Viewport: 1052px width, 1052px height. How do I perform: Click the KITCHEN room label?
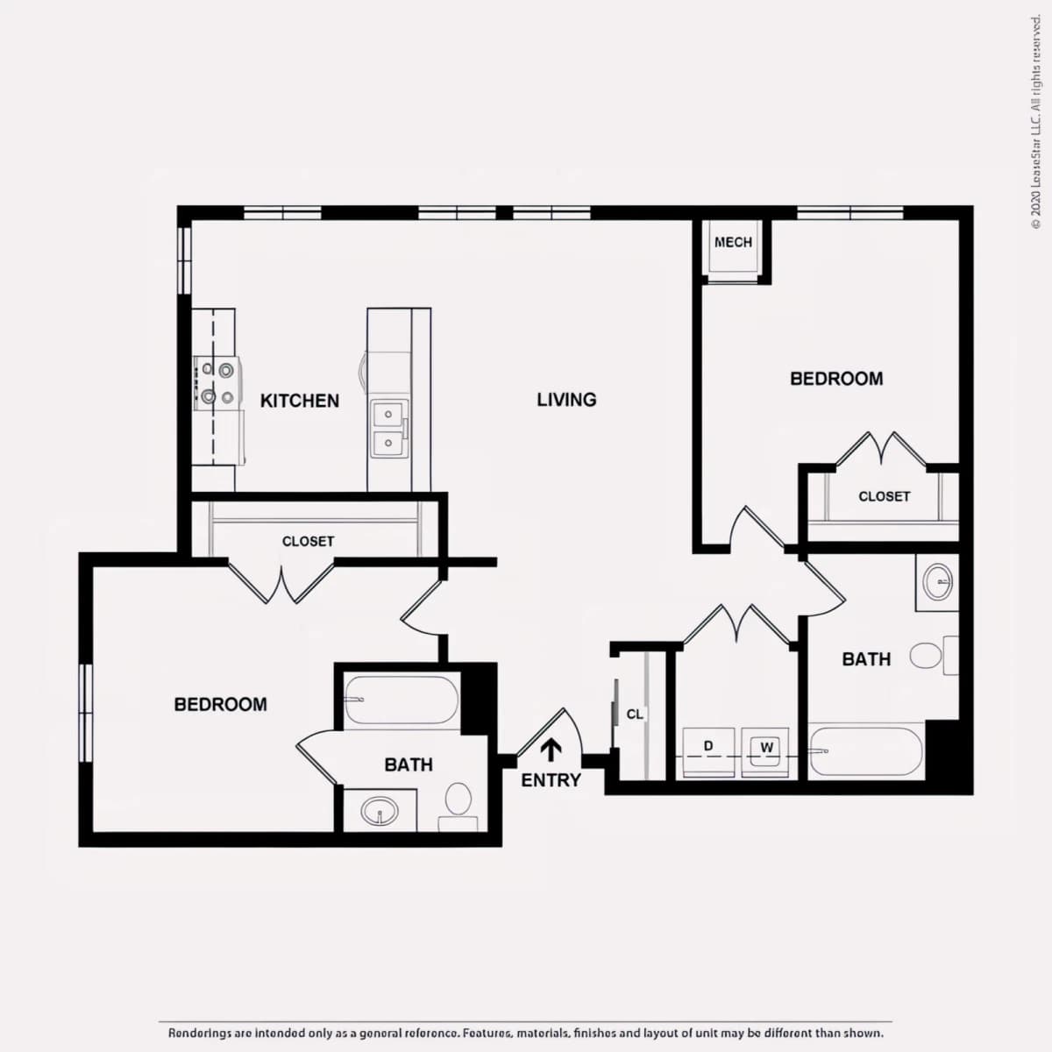(300, 401)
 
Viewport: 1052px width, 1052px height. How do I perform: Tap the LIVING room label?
(566, 400)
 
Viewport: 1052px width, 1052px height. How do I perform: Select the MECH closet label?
(733, 242)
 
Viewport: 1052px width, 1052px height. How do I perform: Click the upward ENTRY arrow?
(551, 750)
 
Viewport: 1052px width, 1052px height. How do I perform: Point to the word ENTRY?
(551, 781)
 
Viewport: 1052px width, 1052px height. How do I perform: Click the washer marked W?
(764, 752)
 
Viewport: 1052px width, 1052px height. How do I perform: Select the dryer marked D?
(708, 752)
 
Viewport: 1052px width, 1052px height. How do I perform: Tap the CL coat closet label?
(635, 714)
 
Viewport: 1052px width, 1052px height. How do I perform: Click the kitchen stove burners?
(217, 383)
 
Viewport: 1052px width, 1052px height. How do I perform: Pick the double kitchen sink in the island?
(389, 429)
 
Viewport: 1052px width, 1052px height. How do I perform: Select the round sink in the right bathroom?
(938, 582)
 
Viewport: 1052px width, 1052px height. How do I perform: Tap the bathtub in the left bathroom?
(402, 700)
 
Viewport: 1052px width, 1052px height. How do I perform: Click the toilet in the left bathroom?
(458, 807)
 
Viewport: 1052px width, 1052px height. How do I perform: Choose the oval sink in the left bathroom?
(380, 810)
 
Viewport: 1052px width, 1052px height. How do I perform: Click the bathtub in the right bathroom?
(866, 751)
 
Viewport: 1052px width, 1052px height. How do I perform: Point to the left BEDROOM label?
(221, 704)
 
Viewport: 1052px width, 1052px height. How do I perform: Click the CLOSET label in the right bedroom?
(885, 496)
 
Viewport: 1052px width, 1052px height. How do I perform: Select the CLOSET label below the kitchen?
(308, 541)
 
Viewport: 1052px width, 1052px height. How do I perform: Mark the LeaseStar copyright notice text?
(1035, 122)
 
